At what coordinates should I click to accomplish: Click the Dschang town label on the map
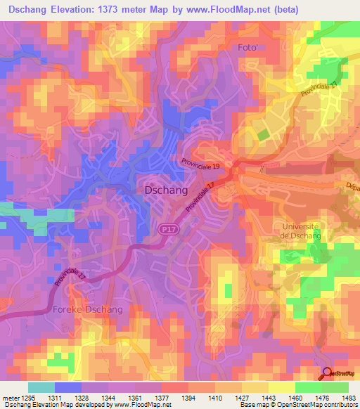(x=165, y=190)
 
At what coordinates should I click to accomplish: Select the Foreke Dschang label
(x=88, y=309)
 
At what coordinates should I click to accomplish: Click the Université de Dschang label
(x=300, y=231)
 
